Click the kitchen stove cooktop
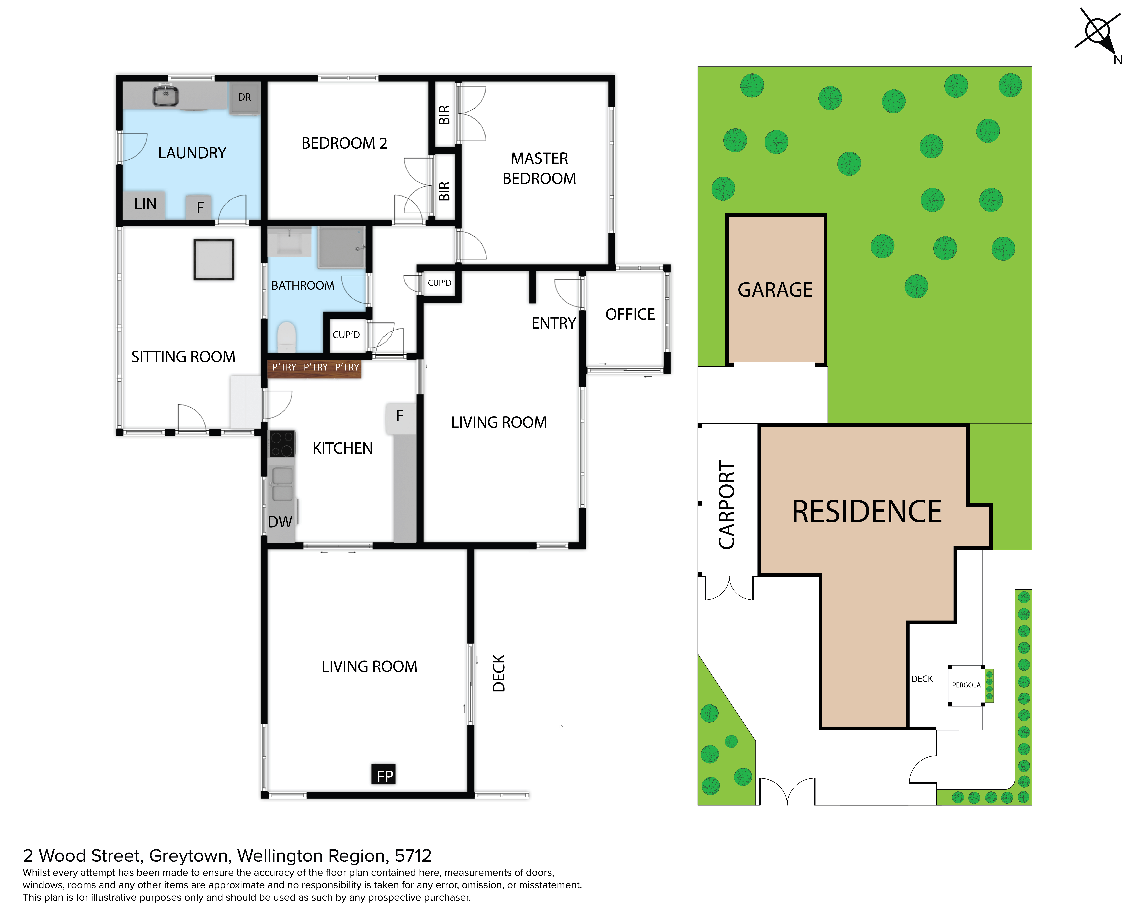(282, 444)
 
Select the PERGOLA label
(966, 685)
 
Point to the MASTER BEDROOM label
(539, 168)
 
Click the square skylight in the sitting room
(214, 259)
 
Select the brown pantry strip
(315, 368)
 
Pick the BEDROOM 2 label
(344, 143)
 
